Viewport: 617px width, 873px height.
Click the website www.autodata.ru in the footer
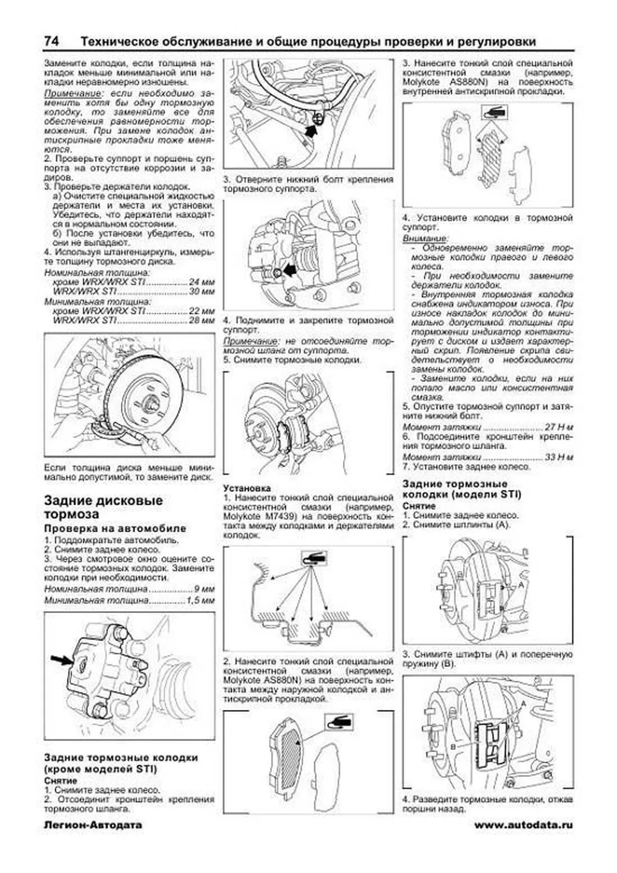tap(523, 825)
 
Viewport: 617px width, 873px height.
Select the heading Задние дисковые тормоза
tap(103, 507)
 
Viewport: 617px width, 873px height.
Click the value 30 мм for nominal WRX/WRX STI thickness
tap(202, 292)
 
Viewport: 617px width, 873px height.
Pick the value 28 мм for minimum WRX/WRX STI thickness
tap(202, 320)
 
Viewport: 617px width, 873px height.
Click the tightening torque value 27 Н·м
tap(559, 427)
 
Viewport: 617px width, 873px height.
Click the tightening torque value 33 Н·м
tap(559, 457)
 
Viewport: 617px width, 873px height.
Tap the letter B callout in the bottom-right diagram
tap(453, 746)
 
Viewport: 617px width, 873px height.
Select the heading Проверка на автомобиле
tap(115, 528)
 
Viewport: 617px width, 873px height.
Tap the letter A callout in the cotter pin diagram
tap(520, 585)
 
